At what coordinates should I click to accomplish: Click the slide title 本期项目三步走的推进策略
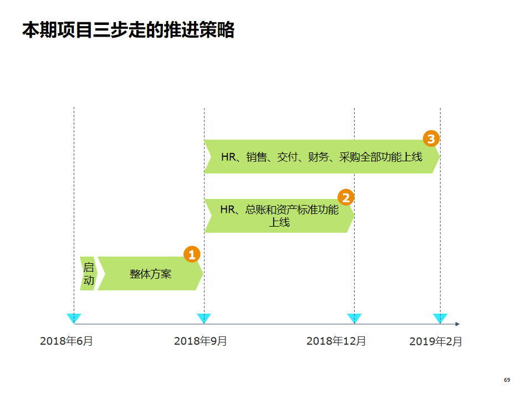(128, 29)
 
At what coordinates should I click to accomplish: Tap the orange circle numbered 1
(192, 254)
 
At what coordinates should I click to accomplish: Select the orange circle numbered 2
(346, 197)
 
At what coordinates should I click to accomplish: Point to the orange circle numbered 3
(431, 138)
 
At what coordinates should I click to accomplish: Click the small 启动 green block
(88, 274)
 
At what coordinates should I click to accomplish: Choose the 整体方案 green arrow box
(150, 274)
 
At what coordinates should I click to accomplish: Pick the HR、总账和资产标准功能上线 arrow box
(279, 216)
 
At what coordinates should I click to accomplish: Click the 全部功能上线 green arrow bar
(321, 157)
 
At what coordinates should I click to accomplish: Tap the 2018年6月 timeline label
(66, 341)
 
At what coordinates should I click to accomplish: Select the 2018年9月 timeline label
(201, 341)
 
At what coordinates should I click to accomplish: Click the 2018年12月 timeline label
(336, 341)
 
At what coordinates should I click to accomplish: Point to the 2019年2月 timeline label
(436, 341)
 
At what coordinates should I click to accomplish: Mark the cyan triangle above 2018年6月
(74, 318)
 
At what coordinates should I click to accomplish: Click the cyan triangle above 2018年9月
(204, 318)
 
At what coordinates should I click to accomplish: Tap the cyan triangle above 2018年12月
(354, 318)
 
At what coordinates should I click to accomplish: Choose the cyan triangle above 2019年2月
(440, 318)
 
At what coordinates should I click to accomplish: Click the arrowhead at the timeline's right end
(457, 324)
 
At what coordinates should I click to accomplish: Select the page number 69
(507, 380)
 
